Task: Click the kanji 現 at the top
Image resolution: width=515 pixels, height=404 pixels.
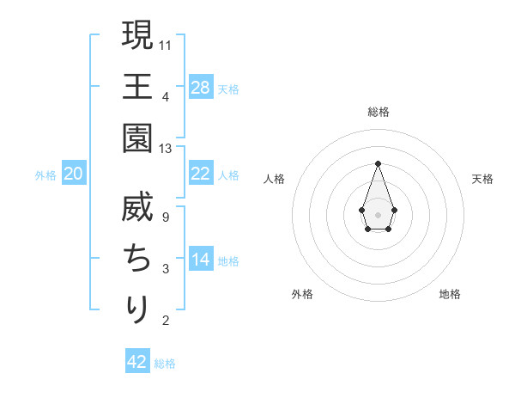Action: point(137,36)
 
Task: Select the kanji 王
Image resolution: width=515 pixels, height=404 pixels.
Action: point(137,87)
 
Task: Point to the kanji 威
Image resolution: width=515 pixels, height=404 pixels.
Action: point(137,207)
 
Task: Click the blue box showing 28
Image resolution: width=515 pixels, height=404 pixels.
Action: point(201,87)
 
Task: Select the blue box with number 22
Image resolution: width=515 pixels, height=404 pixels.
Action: point(201,173)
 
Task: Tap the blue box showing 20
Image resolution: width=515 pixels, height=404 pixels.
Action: point(74,174)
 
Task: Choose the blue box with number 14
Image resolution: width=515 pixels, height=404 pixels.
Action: point(201,260)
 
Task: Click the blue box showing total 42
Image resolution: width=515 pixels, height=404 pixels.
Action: point(137,362)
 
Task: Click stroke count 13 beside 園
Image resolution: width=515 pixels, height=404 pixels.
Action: point(166,149)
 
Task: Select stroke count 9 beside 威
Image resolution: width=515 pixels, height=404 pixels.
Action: point(166,217)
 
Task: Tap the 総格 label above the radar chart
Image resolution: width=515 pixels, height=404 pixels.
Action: point(378,112)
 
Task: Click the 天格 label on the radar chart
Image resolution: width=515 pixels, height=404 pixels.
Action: point(483,179)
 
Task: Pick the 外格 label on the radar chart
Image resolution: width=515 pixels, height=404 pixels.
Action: point(302,294)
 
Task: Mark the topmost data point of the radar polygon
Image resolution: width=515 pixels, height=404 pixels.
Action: point(378,163)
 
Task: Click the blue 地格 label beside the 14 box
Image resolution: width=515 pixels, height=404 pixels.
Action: point(228,260)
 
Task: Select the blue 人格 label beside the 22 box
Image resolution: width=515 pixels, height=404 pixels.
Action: point(228,174)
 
